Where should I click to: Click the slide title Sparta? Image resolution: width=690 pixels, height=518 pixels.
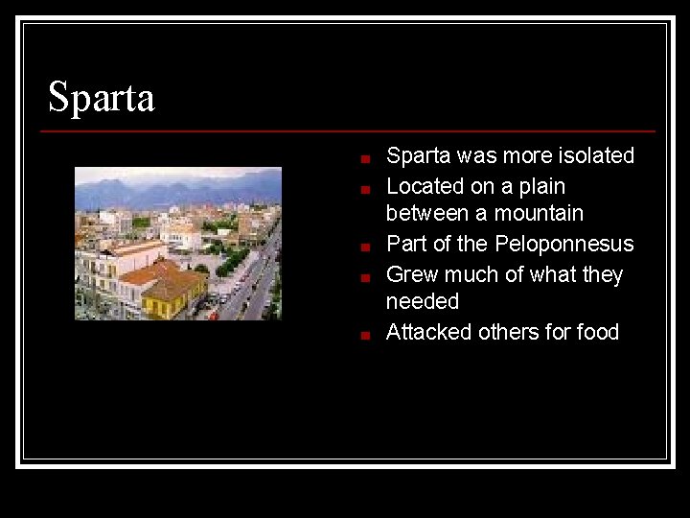pos(101,97)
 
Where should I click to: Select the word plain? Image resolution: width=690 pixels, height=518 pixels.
pos(540,186)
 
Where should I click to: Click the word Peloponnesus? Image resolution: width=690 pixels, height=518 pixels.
pos(564,244)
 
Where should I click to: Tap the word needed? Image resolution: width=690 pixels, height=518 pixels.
pos(422,301)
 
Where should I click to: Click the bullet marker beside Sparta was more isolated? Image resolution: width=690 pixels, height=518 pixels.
pos(365,158)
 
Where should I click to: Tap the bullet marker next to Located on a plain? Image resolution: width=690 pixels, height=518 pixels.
pos(365,189)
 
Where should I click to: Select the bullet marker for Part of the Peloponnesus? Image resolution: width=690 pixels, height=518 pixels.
pos(365,247)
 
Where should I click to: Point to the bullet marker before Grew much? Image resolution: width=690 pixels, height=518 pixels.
pos(365,277)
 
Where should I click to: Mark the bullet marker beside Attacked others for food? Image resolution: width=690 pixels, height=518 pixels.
pos(365,335)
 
